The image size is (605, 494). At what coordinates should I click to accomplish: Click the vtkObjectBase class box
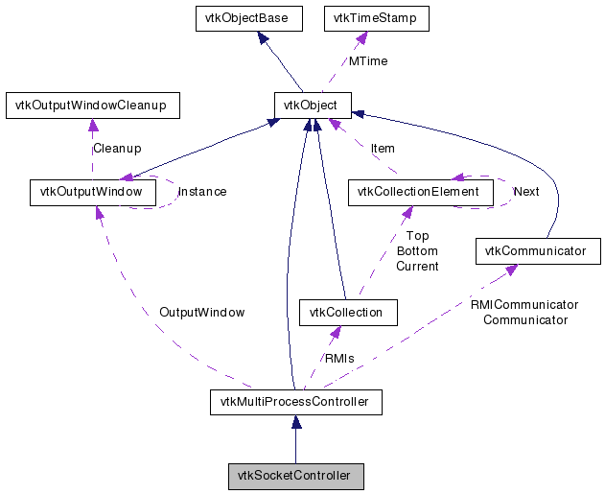click(x=249, y=18)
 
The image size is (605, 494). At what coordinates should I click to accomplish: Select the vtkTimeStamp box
click(x=376, y=18)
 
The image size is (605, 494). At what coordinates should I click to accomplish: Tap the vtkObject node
click(x=313, y=105)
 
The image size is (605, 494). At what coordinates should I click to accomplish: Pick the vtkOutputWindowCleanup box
click(x=93, y=106)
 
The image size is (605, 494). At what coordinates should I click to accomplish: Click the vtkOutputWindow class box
click(x=93, y=192)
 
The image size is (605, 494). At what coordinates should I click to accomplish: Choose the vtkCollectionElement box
click(x=421, y=192)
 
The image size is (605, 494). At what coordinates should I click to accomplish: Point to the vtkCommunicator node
click(x=538, y=251)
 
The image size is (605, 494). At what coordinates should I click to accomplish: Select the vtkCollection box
click(x=348, y=312)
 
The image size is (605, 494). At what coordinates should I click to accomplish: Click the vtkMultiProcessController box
click(x=296, y=402)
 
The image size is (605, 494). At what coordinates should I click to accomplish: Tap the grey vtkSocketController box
click(x=296, y=476)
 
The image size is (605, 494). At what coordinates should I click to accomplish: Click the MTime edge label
click(x=368, y=61)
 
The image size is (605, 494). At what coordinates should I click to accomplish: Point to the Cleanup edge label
click(x=117, y=149)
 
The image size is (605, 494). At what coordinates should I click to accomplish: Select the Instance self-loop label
click(x=202, y=192)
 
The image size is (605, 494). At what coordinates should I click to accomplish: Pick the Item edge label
click(x=383, y=149)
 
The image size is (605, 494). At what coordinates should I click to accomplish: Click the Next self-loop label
click(x=526, y=192)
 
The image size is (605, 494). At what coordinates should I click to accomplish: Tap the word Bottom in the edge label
click(x=417, y=251)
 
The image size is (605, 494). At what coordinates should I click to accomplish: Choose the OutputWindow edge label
click(x=201, y=312)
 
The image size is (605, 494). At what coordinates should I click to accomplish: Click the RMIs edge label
click(x=339, y=359)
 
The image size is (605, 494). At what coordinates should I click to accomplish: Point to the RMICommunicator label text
click(x=524, y=305)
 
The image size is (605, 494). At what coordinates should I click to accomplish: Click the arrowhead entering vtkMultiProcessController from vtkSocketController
click(x=296, y=422)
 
